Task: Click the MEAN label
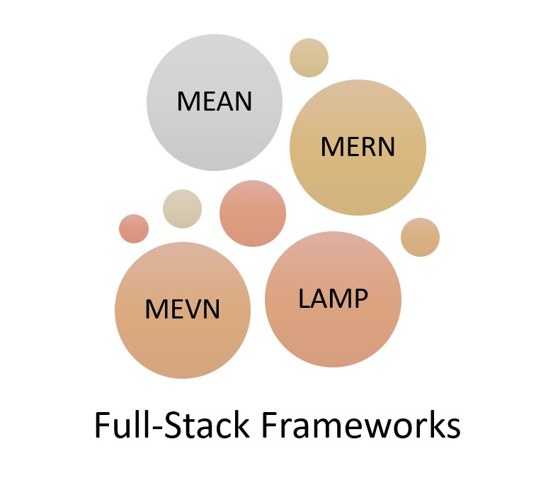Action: point(215,101)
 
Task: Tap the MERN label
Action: point(358,147)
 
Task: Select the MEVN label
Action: point(183,309)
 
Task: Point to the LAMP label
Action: point(333,299)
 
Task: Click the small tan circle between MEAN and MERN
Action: point(309,58)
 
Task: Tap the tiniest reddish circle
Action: point(134,228)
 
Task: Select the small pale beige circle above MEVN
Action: point(182,209)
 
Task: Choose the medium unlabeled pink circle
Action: point(253,213)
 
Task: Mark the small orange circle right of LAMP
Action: point(420,237)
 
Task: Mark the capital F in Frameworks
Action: point(270,426)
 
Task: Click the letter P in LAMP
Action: point(360,299)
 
